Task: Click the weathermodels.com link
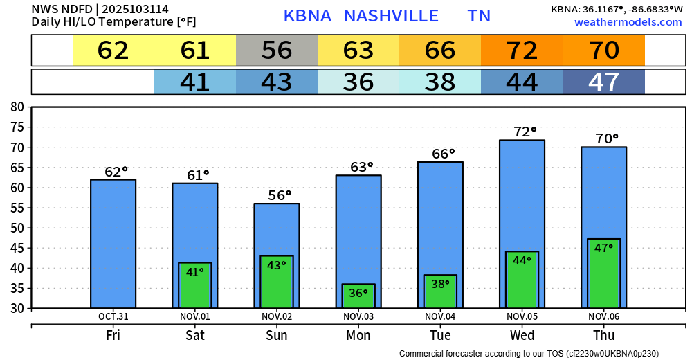pos(628,22)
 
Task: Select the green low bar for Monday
pos(358,296)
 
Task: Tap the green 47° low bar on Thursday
pos(603,273)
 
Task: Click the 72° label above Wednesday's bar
pos(525,132)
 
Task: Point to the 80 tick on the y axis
pos(17,107)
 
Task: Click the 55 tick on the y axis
pos(17,208)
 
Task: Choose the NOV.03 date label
pos(358,316)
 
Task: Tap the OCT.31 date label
pos(113,316)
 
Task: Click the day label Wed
pos(522,335)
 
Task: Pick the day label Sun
pos(277,335)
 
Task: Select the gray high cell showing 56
pos(277,50)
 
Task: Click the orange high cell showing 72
pos(522,50)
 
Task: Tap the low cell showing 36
pos(358,82)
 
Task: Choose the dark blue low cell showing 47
pos(603,82)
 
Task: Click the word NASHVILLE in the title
pos(391,16)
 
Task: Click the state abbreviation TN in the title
pos(479,16)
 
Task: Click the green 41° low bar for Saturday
pos(195,285)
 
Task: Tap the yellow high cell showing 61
pos(195,50)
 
